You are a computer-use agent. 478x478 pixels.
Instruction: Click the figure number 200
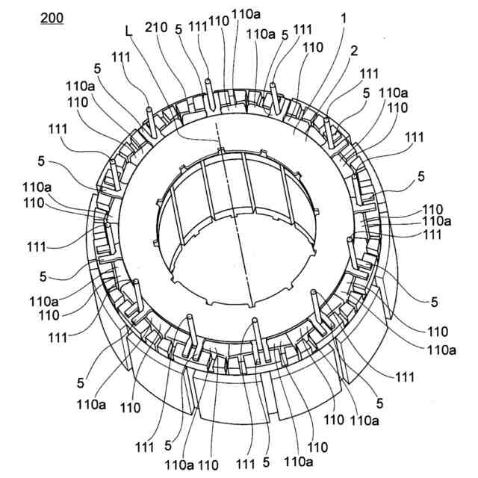[x=52, y=18]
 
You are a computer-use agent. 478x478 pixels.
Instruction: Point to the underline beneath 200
[x=52, y=25]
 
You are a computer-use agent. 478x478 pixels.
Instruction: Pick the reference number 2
[x=354, y=51]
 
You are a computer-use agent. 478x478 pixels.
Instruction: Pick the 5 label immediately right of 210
[x=178, y=29]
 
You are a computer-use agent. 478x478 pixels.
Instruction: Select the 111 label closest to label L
[x=119, y=58]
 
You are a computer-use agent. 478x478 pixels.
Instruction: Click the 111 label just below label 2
[x=369, y=74]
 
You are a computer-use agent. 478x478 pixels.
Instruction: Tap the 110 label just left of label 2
[x=314, y=47]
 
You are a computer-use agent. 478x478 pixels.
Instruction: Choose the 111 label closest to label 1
[x=302, y=29]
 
